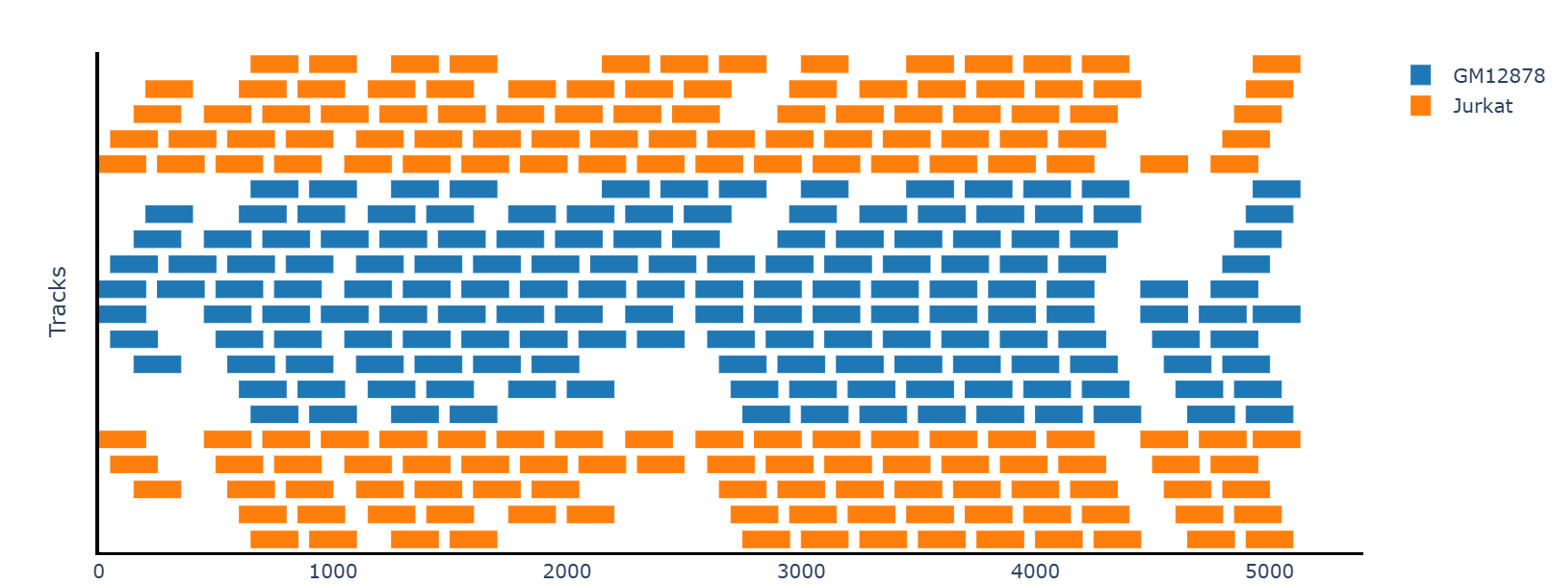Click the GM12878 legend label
(1498, 75)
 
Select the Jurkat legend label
(1483, 105)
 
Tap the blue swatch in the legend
(1420, 75)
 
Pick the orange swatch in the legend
(1420, 105)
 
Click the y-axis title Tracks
(58, 302)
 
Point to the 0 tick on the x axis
(98, 572)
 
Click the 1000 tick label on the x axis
(333, 572)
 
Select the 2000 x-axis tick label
(567, 572)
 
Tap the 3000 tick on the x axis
(801, 572)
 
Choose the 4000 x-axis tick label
(1035, 572)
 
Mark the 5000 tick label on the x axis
(1269, 572)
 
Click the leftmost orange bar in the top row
(274, 64)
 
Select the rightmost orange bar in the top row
(1277, 64)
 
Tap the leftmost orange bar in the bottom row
(274, 539)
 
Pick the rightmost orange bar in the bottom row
(1269, 539)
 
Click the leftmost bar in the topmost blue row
(274, 189)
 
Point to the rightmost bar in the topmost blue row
(1277, 189)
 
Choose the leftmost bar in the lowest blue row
(274, 414)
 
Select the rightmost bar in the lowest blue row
(1269, 414)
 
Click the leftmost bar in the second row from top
(169, 89)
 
